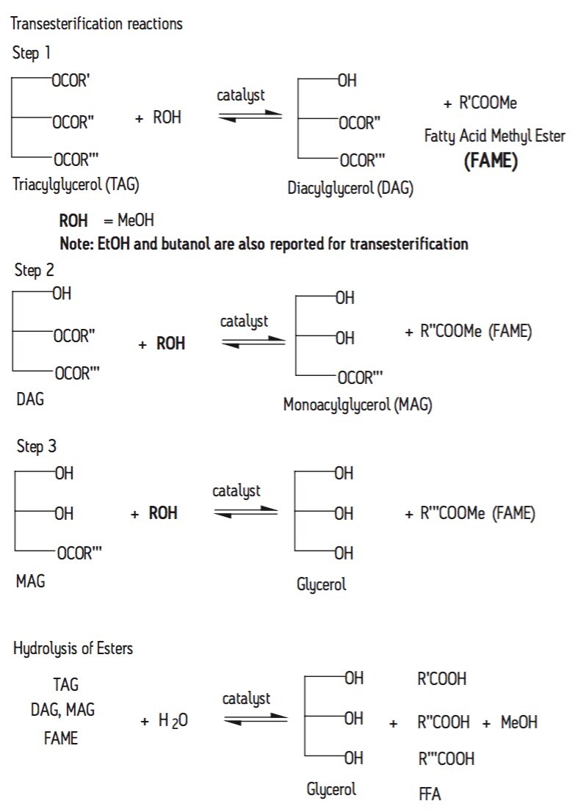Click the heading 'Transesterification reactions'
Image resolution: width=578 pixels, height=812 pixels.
pos(96,23)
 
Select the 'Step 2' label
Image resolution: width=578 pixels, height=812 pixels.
pos(34,269)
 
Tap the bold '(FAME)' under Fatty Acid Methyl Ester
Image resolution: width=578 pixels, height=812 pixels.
pos(491,161)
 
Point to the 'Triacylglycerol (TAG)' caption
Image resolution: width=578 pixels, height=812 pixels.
pos(76,185)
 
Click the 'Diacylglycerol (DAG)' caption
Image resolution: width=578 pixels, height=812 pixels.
pos(350,188)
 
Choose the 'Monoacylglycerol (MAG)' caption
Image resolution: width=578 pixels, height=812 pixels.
pos(357,405)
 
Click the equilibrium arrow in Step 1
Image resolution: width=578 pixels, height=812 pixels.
pos(250,115)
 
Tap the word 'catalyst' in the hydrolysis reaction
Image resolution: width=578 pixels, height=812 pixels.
pos(247,697)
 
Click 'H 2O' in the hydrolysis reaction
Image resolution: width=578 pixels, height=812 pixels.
pos(173,721)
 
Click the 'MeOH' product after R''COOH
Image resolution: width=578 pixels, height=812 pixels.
pos(519,722)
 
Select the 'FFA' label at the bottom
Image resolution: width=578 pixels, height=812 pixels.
pos(429,794)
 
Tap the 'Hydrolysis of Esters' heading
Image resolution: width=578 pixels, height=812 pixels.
pos(73,648)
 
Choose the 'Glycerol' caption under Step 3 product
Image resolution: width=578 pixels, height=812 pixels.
pos(320,585)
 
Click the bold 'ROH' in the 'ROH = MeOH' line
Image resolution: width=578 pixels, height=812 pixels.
pos(73,220)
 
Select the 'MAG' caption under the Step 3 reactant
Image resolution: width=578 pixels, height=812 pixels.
pos(31,581)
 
